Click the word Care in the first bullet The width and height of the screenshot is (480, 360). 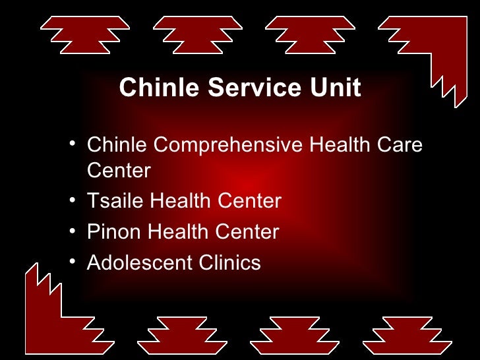[400, 144]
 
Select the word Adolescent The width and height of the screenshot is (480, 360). [140, 262]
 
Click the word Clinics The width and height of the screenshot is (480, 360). [230, 262]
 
